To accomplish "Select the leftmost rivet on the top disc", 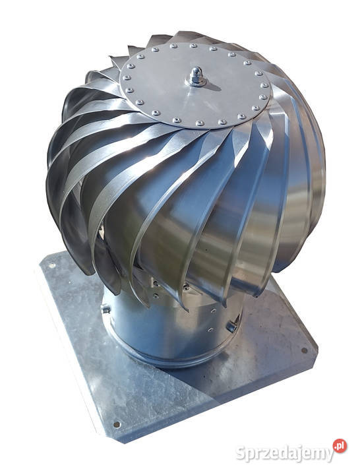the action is [125, 78].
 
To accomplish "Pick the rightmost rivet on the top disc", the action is [264, 85].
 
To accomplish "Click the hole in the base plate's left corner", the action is [51, 266].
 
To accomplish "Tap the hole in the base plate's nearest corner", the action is [117, 424].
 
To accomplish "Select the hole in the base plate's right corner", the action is [305, 350].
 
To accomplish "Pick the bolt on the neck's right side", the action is [231, 326].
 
